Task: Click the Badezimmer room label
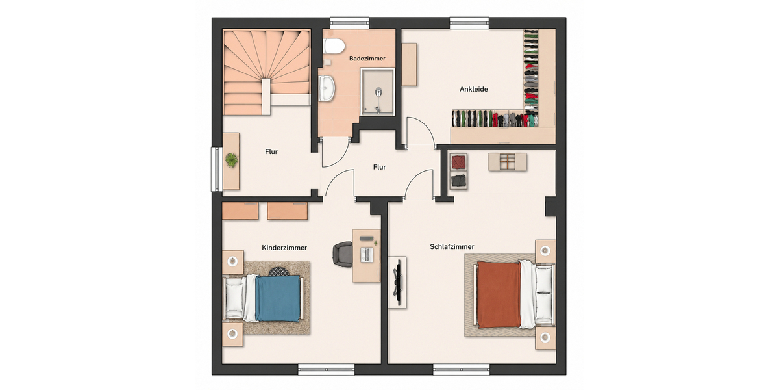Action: (367, 58)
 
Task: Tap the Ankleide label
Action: (474, 89)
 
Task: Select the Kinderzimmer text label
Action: (284, 248)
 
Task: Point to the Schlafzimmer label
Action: (452, 247)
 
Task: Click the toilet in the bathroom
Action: (334, 46)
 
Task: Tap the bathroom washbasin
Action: (328, 88)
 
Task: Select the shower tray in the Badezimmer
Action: (377, 92)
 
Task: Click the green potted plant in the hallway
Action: (232, 161)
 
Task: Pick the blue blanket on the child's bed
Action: (278, 298)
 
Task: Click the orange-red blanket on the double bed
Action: (499, 295)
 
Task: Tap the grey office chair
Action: (343, 255)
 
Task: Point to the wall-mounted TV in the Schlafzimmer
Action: (399, 282)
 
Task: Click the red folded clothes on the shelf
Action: (458, 162)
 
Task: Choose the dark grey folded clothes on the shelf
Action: (458, 181)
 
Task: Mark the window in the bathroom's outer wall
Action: (349, 23)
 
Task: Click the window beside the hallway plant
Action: (217, 169)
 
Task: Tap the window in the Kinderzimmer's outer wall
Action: (326, 370)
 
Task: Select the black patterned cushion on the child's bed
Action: (279, 271)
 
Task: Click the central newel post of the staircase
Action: (266, 96)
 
